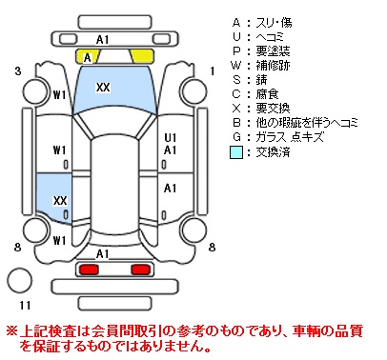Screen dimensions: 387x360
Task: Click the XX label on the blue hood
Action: click(103, 87)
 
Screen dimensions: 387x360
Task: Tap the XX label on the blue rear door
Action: click(60, 200)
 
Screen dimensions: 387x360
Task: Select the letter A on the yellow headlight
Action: click(87, 58)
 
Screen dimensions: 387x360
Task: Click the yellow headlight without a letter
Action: click(142, 56)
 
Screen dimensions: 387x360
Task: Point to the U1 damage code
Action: click(171, 137)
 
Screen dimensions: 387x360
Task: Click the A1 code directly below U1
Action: click(171, 150)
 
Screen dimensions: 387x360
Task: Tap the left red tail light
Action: click(89, 270)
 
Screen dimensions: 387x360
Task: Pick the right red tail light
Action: click(141, 270)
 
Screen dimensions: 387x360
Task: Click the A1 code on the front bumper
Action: click(103, 40)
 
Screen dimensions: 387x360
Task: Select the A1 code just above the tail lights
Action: click(103, 254)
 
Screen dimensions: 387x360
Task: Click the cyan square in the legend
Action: click(236, 152)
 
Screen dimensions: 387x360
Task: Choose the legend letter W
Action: click(236, 66)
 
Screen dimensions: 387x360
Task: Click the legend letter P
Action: click(236, 51)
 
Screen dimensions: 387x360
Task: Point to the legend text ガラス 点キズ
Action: click(290, 137)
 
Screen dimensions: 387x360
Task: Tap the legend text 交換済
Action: click(274, 152)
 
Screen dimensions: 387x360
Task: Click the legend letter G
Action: click(236, 137)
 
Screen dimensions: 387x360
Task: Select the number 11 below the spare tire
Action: click(25, 306)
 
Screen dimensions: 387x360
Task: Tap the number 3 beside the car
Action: click(18, 71)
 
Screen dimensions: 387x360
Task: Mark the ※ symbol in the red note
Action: click(12, 331)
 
